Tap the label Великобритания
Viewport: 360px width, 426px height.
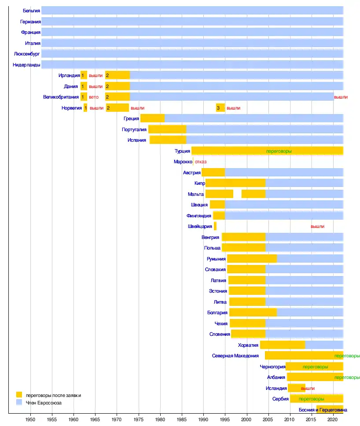click(60, 97)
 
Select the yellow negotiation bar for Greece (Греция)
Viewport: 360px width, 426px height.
click(152, 118)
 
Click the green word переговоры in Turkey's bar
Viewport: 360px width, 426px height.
click(279, 151)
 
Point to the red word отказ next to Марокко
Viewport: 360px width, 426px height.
click(201, 162)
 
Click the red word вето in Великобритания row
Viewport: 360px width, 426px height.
click(93, 97)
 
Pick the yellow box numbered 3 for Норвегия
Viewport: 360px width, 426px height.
click(220, 108)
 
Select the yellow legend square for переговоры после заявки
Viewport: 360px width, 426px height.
click(19, 395)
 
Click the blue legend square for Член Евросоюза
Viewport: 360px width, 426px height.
click(19, 402)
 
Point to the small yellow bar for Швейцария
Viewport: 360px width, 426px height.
click(215, 226)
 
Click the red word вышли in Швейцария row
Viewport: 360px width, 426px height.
click(317, 226)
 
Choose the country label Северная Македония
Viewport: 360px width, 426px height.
click(238, 356)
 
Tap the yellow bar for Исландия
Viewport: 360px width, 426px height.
click(296, 388)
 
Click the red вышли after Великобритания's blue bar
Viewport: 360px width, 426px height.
click(341, 97)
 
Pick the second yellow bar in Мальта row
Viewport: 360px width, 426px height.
click(253, 194)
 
